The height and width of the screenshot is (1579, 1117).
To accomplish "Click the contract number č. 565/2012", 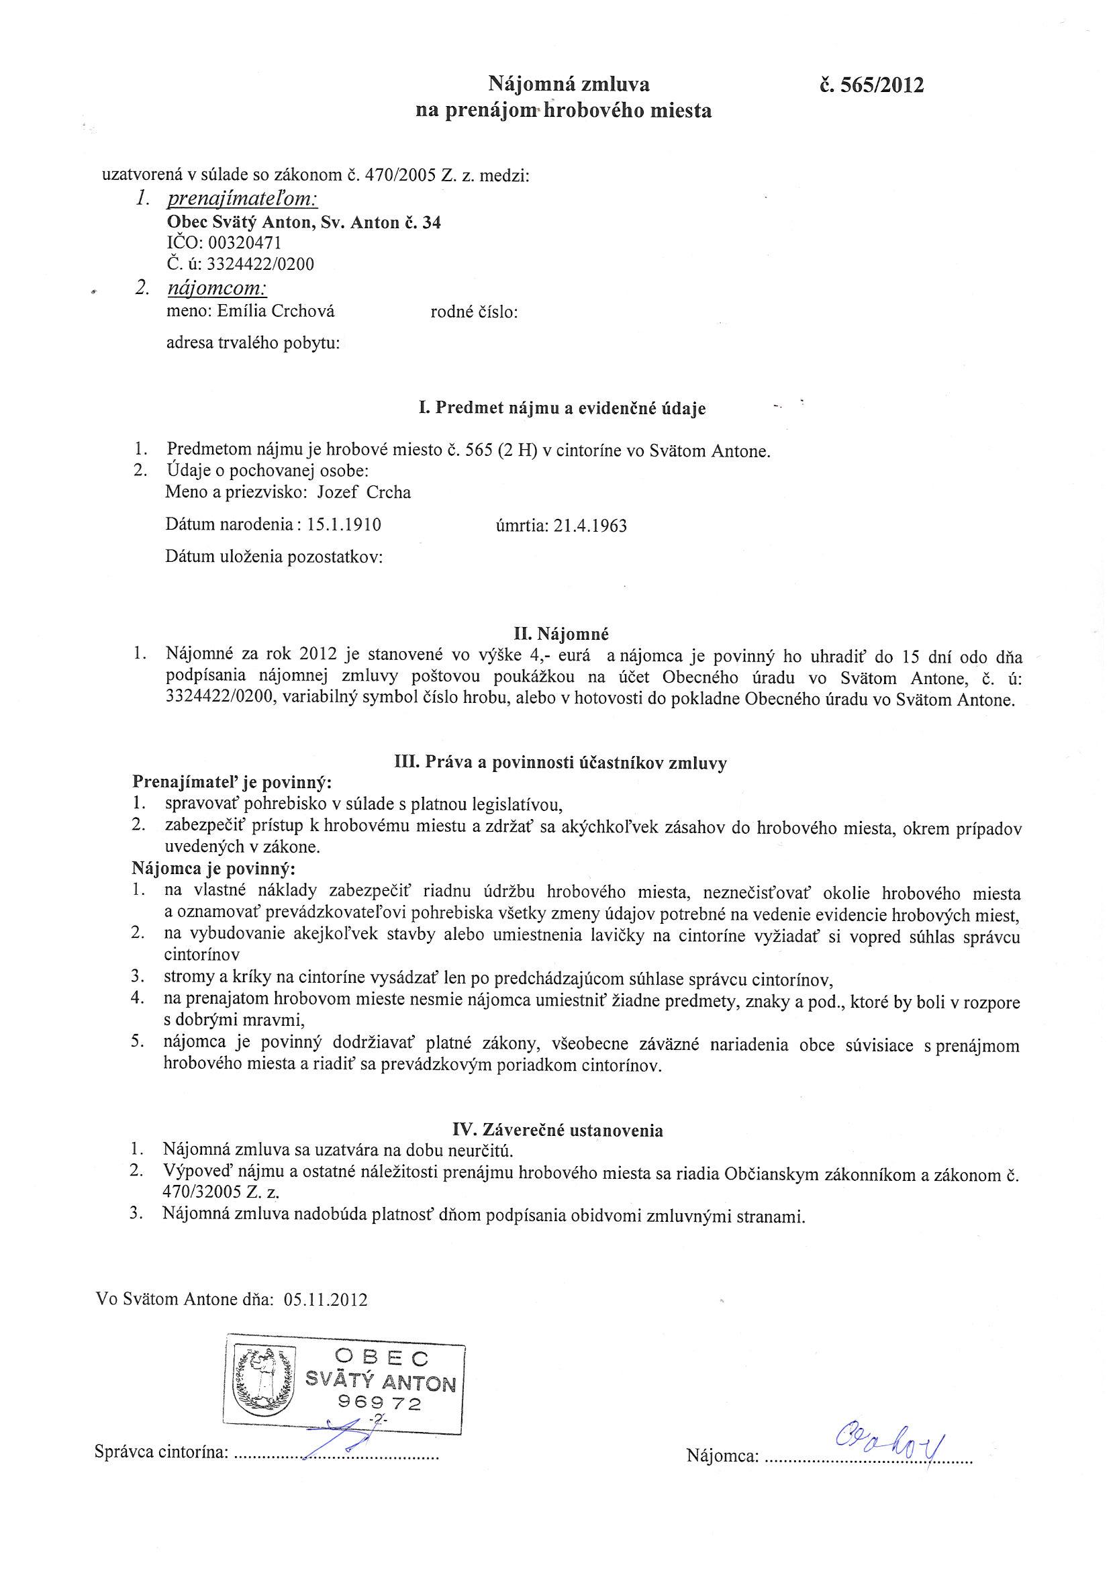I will coord(868,85).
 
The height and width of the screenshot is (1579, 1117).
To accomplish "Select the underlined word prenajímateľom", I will coord(242,199).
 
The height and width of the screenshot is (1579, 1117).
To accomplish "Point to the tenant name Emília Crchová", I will coord(276,312).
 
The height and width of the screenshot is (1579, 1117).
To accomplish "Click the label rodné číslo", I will coord(474,312).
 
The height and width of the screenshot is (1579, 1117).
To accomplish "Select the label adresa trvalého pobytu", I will coord(253,342).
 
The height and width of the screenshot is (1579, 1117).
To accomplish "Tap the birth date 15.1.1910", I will coord(344,526).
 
